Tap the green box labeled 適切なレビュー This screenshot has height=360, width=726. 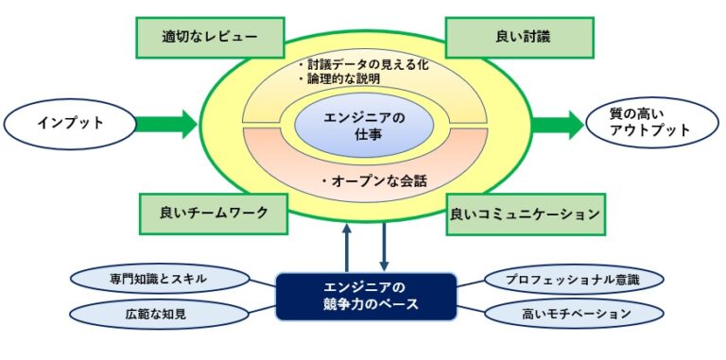point(210,38)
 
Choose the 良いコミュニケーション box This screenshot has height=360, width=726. point(525,214)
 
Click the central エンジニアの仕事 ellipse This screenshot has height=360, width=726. point(364,125)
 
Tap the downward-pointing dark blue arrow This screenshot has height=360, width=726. point(384,248)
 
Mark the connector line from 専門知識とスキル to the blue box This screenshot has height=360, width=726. point(264,283)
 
